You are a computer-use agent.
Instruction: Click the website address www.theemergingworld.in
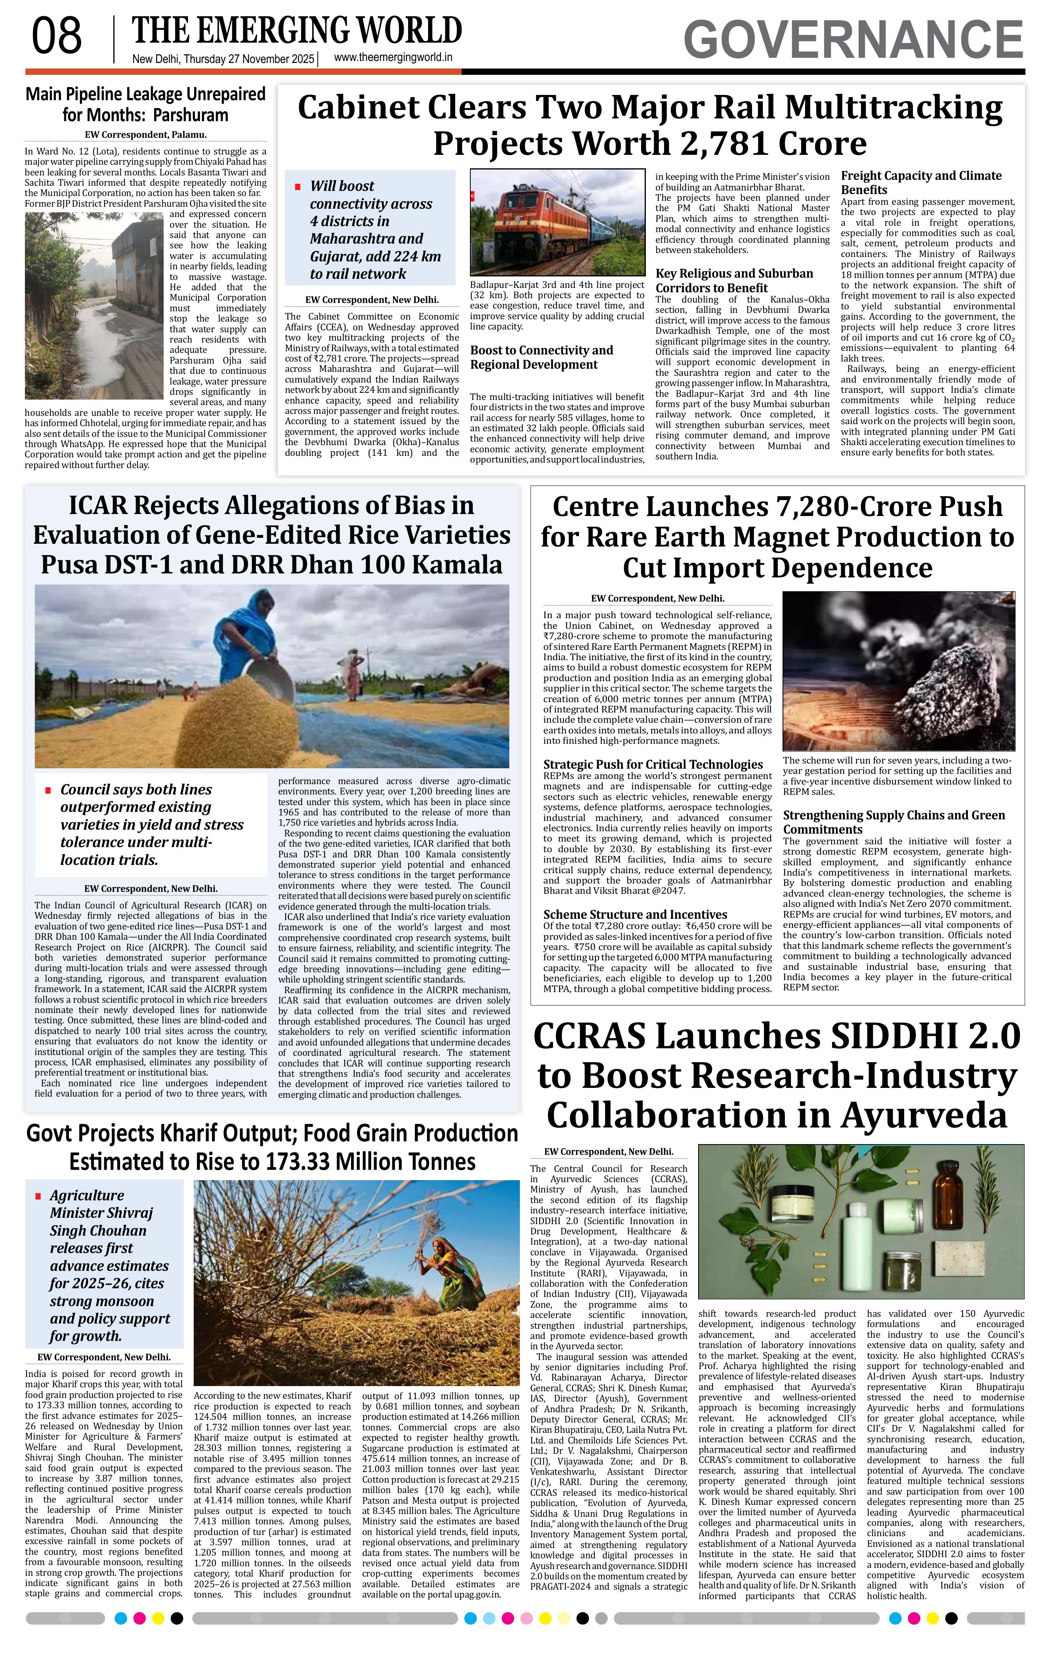393,58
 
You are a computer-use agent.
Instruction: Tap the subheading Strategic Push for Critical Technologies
653,764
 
